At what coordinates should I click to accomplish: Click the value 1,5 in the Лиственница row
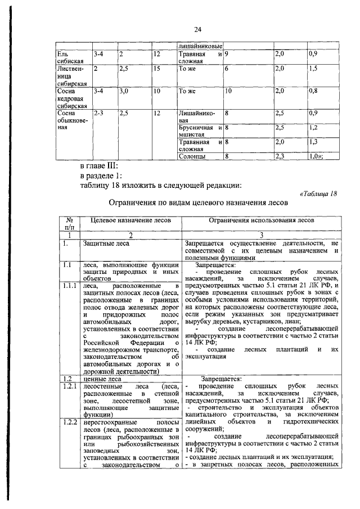point(314,69)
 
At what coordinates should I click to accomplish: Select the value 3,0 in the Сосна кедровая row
point(124,90)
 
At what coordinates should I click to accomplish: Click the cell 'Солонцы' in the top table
point(190,157)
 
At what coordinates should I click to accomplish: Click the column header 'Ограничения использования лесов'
point(262,221)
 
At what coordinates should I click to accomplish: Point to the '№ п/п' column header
point(70,225)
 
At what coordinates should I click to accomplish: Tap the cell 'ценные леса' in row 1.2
point(101,379)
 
